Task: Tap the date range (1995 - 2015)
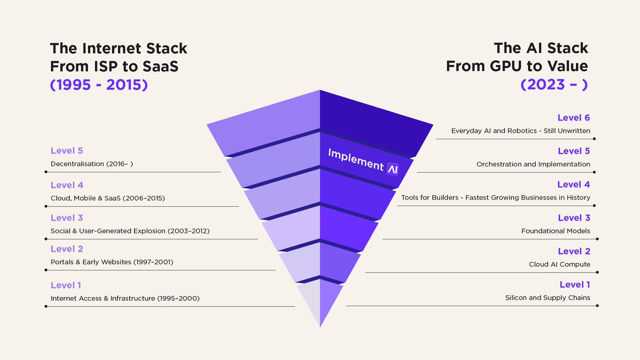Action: click(x=99, y=84)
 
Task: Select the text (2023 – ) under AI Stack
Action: click(x=554, y=84)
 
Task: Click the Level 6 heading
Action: click(x=573, y=118)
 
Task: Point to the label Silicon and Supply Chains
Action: click(x=548, y=298)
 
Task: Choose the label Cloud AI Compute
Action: click(x=559, y=264)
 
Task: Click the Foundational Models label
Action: click(x=556, y=231)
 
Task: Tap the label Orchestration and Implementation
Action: click(x=533, y=164)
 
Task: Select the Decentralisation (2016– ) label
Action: click(x=92, y=164)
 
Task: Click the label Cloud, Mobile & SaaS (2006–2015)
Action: click(x=108, y=198)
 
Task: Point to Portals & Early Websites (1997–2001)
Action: click(x=112, y=262)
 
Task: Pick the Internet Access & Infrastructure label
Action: click(x=125, y=298)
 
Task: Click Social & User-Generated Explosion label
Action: click(x=130, y=231)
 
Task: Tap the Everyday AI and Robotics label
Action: click(x=521, y=131)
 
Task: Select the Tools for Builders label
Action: click(x=495, y=197)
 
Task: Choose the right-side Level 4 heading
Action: click(x=573, y=185)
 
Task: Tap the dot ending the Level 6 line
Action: click(x=596, y=139)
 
